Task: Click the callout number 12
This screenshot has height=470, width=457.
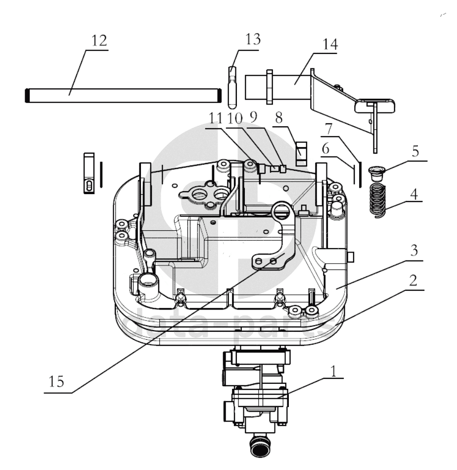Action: click(99, 41)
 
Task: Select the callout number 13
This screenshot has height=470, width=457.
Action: click(253, 39)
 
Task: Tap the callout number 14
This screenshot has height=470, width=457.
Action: click(330, 45)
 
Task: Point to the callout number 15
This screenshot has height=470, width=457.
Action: click(56, 382)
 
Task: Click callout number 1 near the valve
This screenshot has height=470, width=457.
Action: click(333, 371)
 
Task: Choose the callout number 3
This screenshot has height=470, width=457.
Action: click(414, 250)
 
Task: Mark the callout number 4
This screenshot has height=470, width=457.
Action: click(413, 194)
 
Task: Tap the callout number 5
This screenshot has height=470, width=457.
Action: click(415, 151)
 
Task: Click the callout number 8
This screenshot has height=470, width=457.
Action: click(279, 118)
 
